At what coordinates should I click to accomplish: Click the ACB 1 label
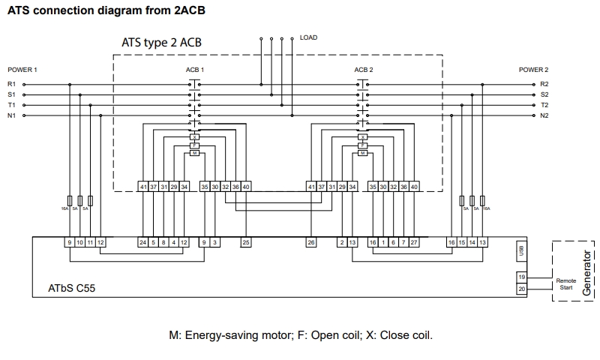coord(195,70)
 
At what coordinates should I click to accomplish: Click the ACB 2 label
coord(364,70)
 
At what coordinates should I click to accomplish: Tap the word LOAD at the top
coord(308,37)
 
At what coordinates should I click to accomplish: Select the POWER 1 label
coord(22,70)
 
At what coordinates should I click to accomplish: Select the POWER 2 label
coord(533,70)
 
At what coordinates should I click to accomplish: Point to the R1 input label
coord(11,84)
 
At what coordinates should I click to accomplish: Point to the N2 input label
coord(544,116)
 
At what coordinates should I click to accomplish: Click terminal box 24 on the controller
coord(142,242)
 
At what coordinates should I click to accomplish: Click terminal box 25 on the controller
coord(246,242)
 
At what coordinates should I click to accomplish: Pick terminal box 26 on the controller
coord(311,242)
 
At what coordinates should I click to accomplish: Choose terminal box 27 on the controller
coord(414,242)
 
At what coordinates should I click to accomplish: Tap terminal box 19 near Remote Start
coord(522,277)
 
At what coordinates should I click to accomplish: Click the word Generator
coord(586,271)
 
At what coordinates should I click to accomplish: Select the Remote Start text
coord(566,283)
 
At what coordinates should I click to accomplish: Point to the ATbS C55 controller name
coord(72,287)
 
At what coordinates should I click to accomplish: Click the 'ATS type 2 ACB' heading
coord(161,43)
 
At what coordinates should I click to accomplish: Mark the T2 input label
coord(544,106)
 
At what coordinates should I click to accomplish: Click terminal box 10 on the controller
coord(79,242)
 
